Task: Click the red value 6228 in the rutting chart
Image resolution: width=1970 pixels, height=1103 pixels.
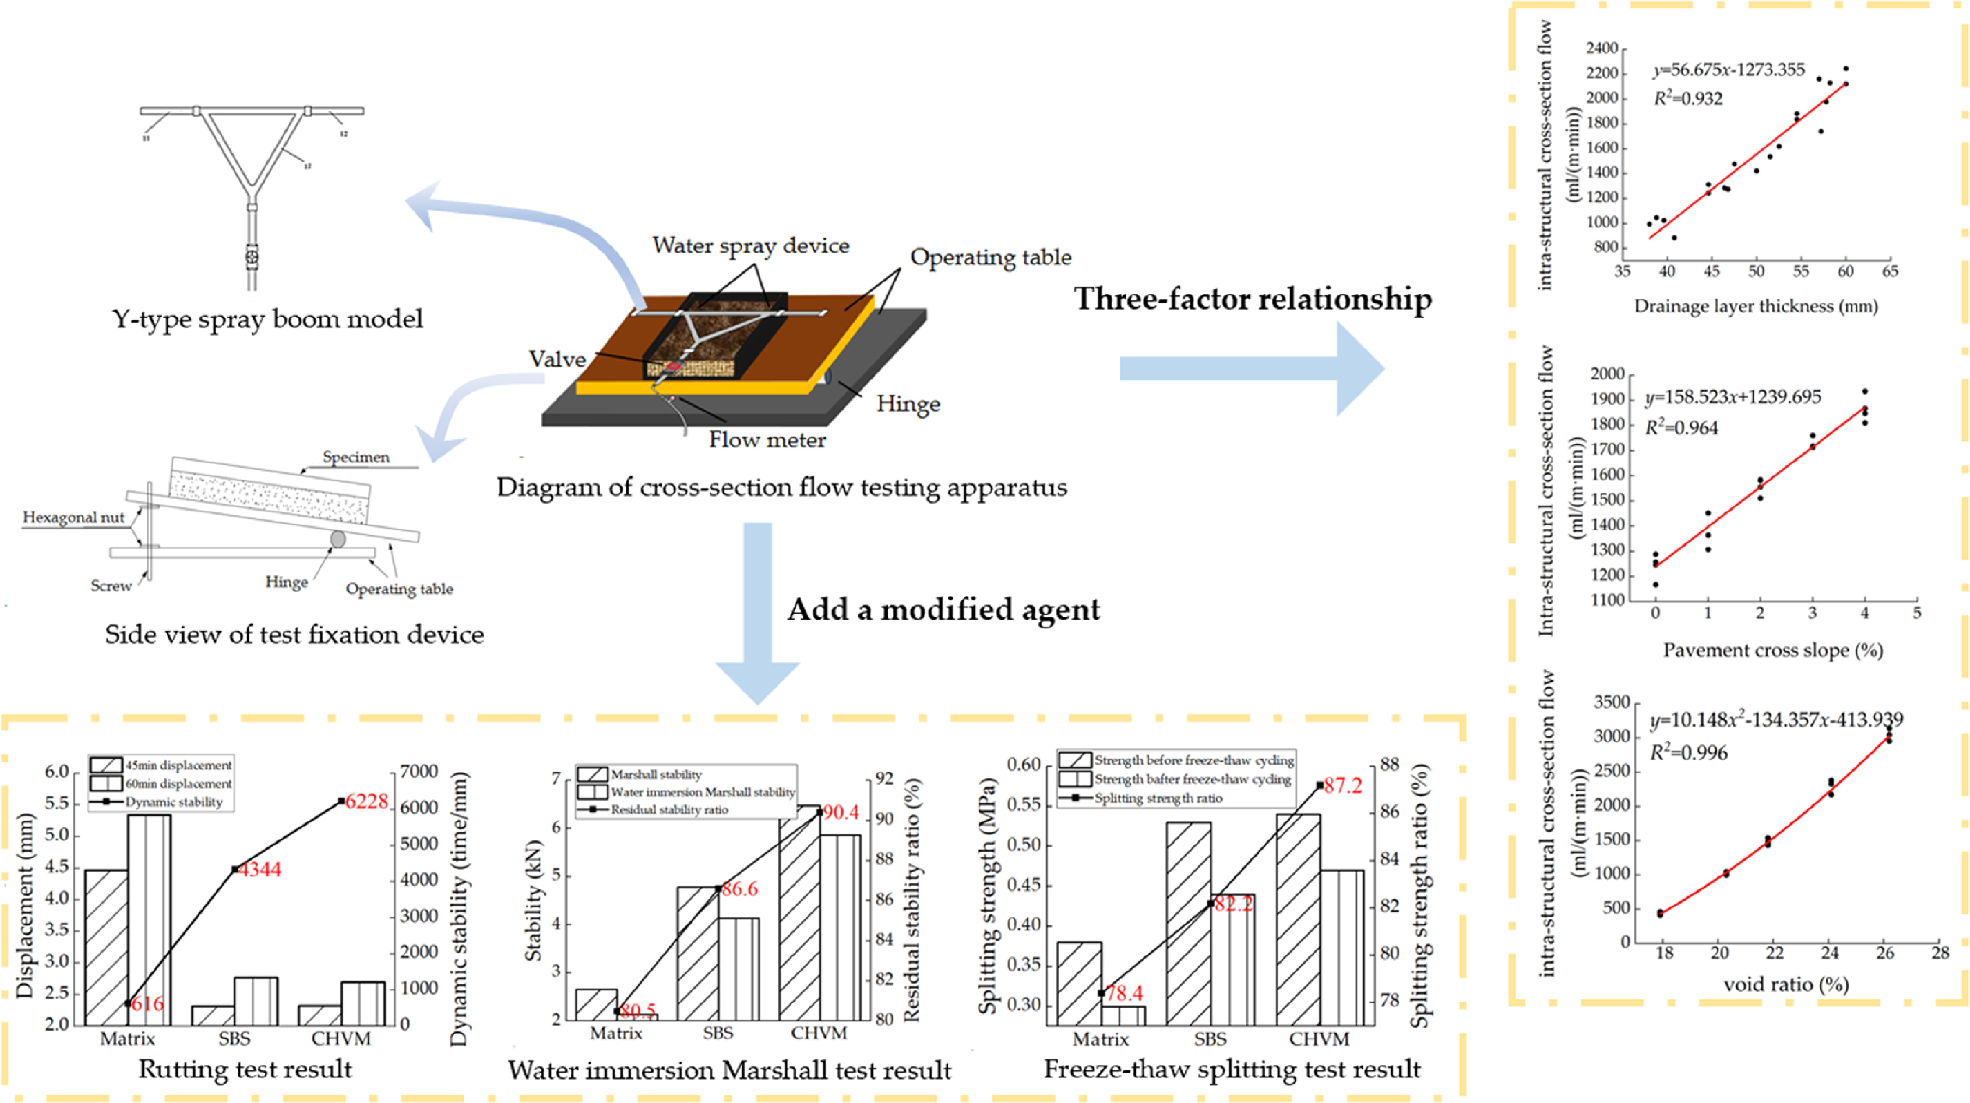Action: click(x=367, y=801)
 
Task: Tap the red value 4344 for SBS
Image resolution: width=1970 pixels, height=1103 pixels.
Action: click(x=260, y=869)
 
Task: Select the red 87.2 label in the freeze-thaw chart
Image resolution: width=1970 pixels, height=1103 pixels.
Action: click(x=1343, y=786)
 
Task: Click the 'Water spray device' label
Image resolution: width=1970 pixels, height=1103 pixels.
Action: click(x=750, y=245)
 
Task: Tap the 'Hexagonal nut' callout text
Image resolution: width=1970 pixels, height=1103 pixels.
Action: click(x=74, y=517)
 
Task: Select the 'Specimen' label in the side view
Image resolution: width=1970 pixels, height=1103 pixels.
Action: click(x=356, y=457)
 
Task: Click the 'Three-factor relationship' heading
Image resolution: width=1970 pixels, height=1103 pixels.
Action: click(x=1253, y=299)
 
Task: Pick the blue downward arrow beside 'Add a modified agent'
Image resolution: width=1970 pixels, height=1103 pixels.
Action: click(x=757, y=612)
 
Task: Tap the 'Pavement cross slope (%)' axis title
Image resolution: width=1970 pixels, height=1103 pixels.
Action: click(x=1773, y=651)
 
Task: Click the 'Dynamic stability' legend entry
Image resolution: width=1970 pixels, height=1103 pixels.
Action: click(x=173, y=802)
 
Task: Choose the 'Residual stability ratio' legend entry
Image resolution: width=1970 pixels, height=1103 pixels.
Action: click(x=669, y=809)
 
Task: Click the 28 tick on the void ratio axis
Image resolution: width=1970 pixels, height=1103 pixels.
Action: click(x=1940, y=953)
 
